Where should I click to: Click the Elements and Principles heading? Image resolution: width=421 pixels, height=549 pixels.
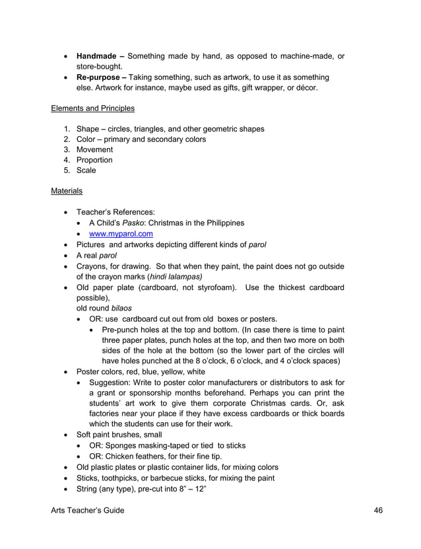(92, 108)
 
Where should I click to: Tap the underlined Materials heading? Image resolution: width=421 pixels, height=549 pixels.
(67, 191)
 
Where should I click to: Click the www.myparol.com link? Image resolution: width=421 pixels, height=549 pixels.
(121, 233)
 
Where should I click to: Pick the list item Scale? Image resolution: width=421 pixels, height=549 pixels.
(86, 170)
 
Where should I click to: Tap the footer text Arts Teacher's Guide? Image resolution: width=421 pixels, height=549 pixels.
(87, 511)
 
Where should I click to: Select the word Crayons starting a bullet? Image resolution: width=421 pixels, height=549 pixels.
(93, 266)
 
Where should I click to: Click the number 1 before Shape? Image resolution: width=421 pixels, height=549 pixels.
(67, 129)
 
